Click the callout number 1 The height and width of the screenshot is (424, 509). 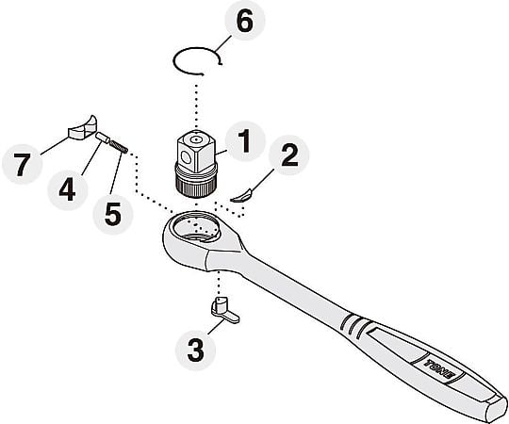(x=245, y=140)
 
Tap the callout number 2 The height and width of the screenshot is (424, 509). (x=289, y=155)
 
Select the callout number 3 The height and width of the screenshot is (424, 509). (x=196, y=350)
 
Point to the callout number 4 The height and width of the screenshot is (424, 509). (x=68, y=189)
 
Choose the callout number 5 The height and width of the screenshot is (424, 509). (x=113, y=214)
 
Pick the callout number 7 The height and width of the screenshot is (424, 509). (x=22, y=165)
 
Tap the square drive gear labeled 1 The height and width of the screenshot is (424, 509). (x=196, y=164)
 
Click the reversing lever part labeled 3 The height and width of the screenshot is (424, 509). (x=224, y=310)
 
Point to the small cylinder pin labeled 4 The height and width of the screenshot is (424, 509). (x=102, y=138)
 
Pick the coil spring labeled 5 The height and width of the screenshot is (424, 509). (x=119, y=146)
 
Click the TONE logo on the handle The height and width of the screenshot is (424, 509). (x=439, y=368)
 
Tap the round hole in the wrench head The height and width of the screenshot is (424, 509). (x=197, y=227)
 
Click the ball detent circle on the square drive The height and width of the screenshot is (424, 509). (x=186, y=158)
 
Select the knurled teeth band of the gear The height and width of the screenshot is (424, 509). (x=196, y=188)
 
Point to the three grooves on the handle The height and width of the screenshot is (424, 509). (x=354, y=326)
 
